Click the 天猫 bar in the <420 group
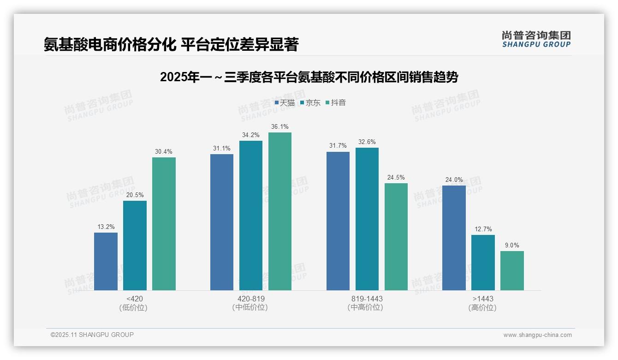point(106,261)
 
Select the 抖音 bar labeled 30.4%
point(164,224)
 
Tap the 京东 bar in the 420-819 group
point(251,216)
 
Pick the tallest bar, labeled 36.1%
point(280,211)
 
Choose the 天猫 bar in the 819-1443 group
point(338,221)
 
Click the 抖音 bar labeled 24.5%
point(396,237)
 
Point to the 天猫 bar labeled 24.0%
point(454,238)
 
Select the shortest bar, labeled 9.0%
point(512,270)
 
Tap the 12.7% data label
point(483,229)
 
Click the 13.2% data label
point(106,227)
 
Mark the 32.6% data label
point(367,142)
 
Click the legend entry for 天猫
point(285,103)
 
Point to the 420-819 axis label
point(251,299)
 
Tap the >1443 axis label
point(483,299)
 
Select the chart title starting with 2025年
point(309,78)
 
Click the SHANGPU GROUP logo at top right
point(536,39)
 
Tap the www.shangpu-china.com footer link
point(537,335)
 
